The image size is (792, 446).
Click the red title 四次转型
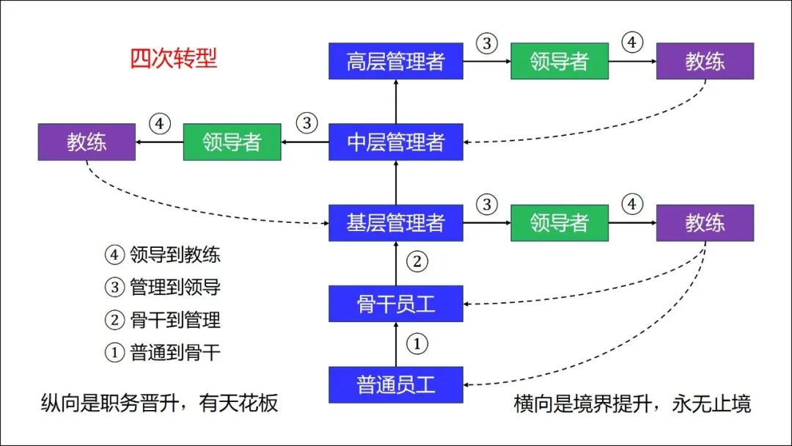[173, 58]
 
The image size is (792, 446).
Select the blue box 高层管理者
[395, 61]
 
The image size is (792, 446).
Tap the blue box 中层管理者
[395, 142]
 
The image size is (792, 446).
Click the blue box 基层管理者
[395, 223]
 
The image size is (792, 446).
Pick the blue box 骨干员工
[395, 304]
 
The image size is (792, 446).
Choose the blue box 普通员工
[395, 385]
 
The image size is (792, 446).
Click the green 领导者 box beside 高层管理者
[559, 61]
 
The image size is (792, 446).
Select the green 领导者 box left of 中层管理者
[232, 142]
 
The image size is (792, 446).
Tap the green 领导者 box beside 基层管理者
[559, 223]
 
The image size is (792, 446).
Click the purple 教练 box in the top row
[705, 61]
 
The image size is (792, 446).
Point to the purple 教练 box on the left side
[87, 142]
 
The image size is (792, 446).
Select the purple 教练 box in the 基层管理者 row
[705, 223]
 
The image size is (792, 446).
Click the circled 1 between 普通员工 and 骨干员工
[417, 344]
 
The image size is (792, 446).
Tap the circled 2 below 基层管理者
[417, 262]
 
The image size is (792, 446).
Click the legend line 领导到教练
[162, 255]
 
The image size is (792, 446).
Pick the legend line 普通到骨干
[162, 353]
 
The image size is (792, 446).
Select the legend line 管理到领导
[162, 287]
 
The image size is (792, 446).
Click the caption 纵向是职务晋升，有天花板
[159, 403]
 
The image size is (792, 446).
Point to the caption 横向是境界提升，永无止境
[632, 403]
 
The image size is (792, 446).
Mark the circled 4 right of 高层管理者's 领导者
[632, 43]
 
